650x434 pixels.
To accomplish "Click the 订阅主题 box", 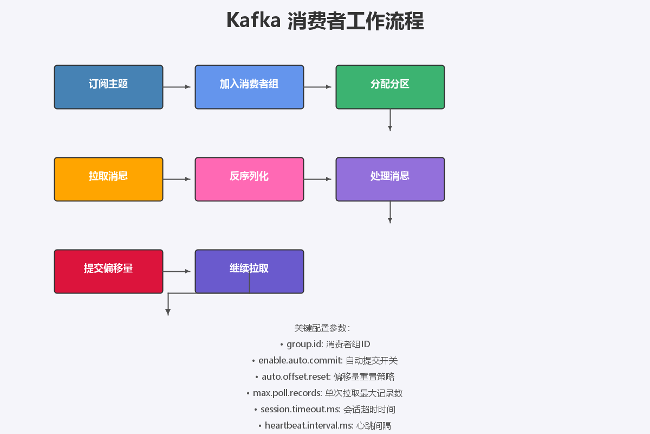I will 108,87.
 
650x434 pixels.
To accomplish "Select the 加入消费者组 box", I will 249,87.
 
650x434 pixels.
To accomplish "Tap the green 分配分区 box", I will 390,87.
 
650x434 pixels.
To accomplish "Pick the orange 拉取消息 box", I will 108,179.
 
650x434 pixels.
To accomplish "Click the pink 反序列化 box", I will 249,179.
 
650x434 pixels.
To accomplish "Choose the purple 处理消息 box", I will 390,179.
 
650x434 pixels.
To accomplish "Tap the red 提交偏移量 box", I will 108,271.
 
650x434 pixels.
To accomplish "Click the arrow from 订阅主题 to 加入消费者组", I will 177,87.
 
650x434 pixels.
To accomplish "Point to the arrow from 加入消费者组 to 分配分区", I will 317,87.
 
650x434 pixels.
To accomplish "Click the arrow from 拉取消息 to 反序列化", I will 177,179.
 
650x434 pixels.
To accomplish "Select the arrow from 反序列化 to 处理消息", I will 317,179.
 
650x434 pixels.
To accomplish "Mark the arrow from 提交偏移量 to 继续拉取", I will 177,271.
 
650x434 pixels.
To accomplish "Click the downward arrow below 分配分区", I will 390,120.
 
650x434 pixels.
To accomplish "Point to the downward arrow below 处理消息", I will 390,213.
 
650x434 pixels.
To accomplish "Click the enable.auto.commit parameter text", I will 300,361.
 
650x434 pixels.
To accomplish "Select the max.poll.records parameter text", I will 287,393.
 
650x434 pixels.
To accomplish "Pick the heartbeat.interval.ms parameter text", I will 309,426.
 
